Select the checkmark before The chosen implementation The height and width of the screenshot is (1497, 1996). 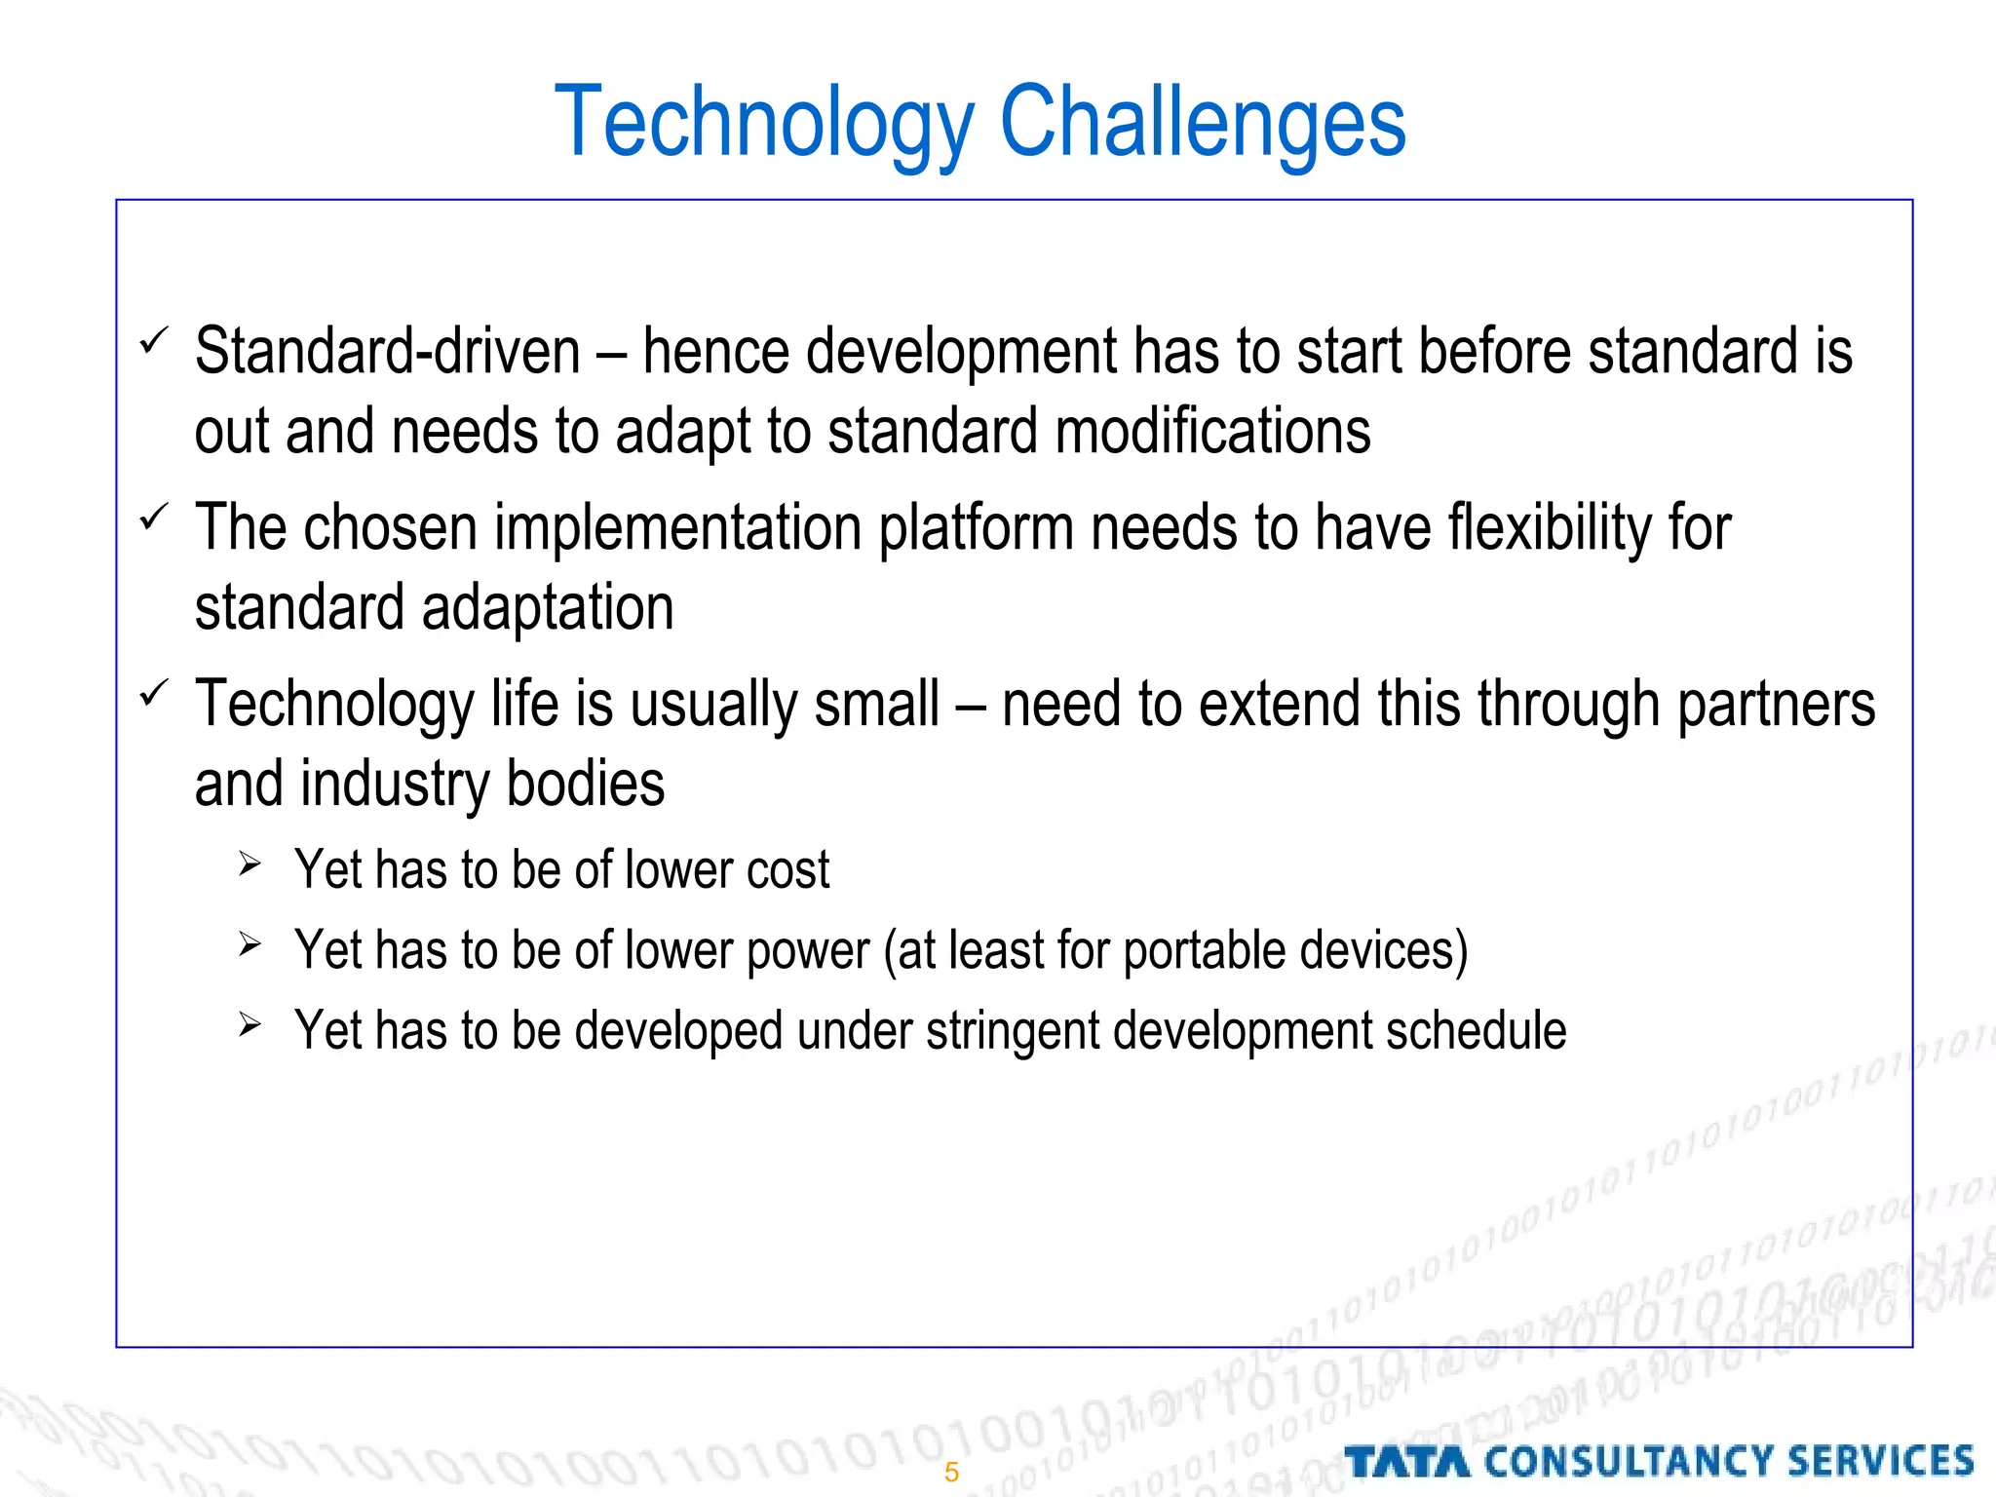pyautogui.click(x=154, y=518)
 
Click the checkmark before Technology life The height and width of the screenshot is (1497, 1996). pyautogui.click(x=154, y=694)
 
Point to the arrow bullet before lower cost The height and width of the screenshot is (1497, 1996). pyautogui.click(x=249, y=864)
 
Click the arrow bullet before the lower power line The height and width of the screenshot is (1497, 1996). pyautogui.click(x=249, y=944)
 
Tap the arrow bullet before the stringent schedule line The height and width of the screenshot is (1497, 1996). pyautogui.click(x=249, y=1025)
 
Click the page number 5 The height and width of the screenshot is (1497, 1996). pyautogui.click(x=951, y=1472)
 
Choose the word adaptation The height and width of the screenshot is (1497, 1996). pyautogui.click(x=548, y=608)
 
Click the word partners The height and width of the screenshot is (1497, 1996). pyautogui.click(x=1775, y=704)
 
